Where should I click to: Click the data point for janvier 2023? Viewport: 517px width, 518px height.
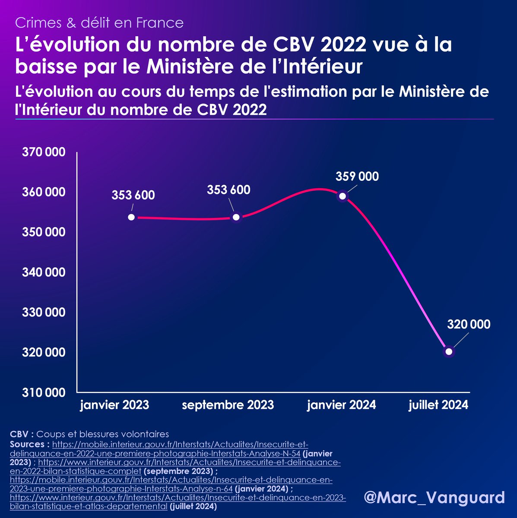click(x=131, y=217)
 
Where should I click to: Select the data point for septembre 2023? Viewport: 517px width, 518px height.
click(x=236, y=217)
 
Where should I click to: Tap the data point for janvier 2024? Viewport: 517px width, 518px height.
click(x=343, y=196)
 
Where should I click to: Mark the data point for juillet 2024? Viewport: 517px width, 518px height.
click(x=449, y=351)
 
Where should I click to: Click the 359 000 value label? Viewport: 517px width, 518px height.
click(x=357, y=177)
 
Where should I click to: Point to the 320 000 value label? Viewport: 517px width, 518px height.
click(x=469, y=324)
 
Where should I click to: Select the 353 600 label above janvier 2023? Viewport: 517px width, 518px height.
click(x=133, y=195)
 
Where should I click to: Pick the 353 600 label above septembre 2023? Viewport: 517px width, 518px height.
click(x=228, y=190)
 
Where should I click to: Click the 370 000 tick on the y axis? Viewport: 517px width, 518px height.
click(x=44, y=152)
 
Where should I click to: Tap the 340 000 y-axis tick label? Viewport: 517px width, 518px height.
click(x=44, y=272)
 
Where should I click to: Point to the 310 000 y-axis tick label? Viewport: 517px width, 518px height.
click(x=44, y=392)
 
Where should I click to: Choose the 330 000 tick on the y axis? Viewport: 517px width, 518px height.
click(x=44, y=312)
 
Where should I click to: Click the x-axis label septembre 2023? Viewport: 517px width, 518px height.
click(x=228, y=405)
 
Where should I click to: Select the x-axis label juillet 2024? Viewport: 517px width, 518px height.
click(x=438, y=405)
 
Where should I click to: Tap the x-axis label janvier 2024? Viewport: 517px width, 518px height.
click(x=341, y=405)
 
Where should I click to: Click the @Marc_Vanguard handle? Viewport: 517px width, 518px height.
click(x=434, y=497)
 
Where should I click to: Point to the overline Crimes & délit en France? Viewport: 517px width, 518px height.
click(x=99, y=22)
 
